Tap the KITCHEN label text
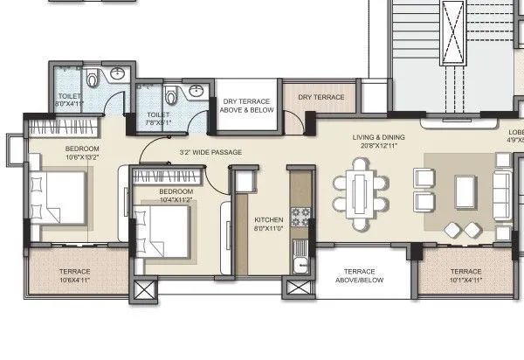click(268, 219)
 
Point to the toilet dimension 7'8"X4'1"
click(157, 125)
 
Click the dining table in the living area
click(360, 193)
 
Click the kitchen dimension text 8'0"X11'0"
click(268, 229)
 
